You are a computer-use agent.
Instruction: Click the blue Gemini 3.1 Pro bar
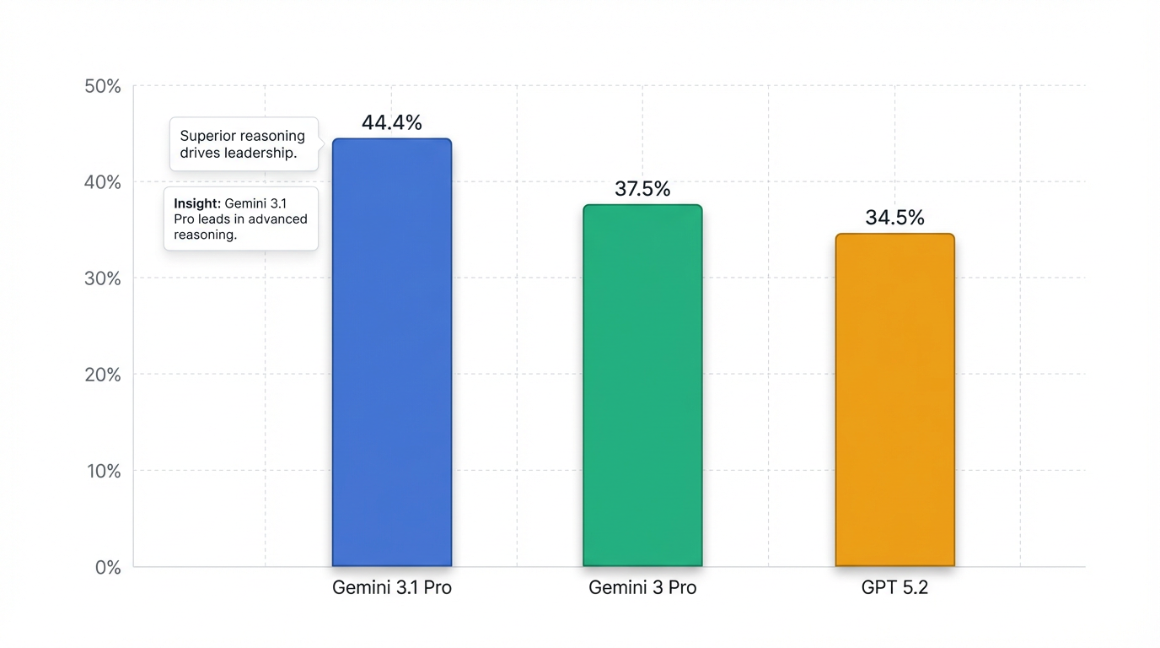point(392,353)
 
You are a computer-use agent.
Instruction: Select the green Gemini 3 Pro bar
point(642,386)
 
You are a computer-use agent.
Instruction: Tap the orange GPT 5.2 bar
point(894,400)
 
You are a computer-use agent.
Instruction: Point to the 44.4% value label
point(392,122)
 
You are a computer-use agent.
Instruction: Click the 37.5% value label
point(642,189)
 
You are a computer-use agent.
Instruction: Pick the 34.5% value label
point(894,218)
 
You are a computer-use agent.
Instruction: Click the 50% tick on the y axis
point(103,86)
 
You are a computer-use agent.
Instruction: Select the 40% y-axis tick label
point(103,182)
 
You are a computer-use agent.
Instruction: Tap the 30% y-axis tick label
point(103,278)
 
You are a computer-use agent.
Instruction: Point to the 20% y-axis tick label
point(103,375)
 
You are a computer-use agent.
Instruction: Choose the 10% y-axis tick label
point(103,471)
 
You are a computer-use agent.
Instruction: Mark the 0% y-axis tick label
point(107,567)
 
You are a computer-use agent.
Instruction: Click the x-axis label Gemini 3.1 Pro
point(392,588)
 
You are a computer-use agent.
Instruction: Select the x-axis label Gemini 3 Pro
point(642,588)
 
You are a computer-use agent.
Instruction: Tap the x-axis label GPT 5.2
point(894,588)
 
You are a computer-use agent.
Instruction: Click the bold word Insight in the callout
point(196,203)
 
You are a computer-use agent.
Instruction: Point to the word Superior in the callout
point(208,136)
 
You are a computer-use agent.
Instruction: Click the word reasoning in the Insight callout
point(205,235)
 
